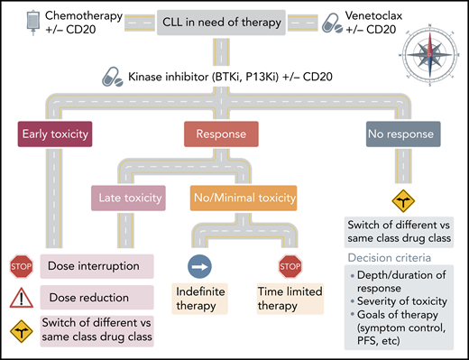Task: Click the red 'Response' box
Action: click(214, 137)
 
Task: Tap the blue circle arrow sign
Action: click(199, 268)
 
